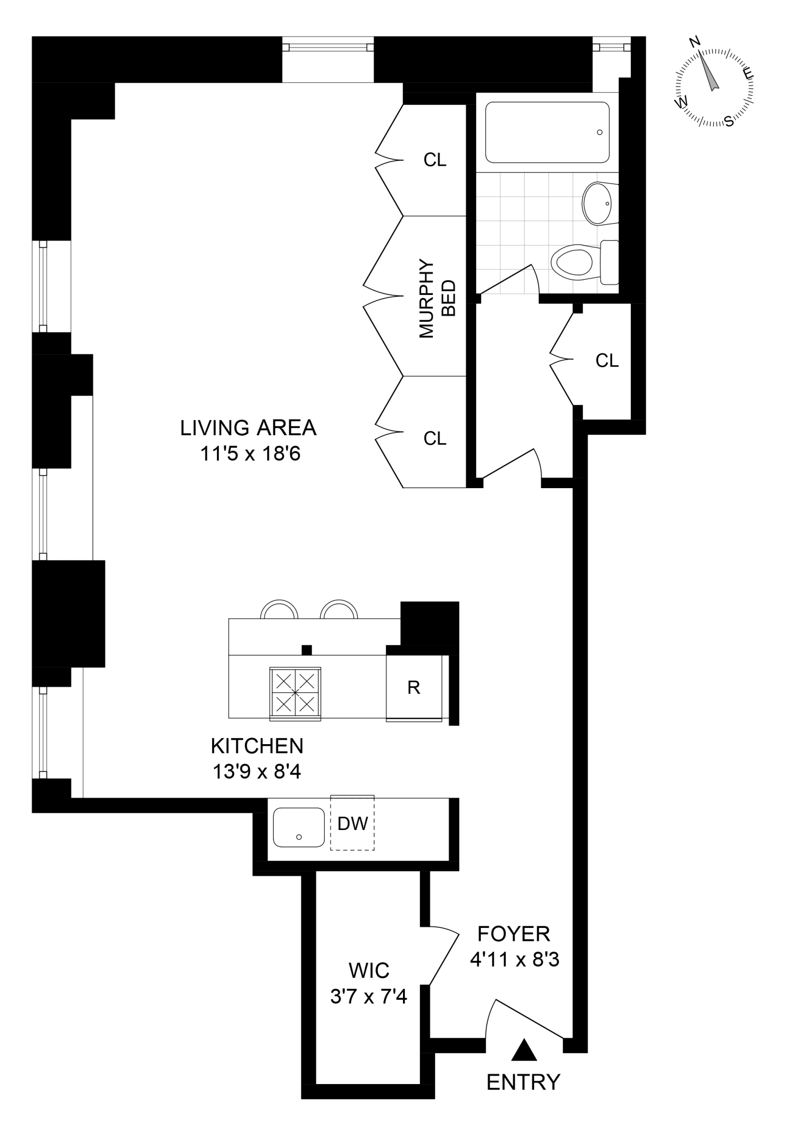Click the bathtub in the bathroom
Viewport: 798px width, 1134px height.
click(547, 132)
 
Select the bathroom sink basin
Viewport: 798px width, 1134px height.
click(597, 204)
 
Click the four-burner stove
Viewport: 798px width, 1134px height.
click(295, 693)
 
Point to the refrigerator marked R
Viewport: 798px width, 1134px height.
click(413, 688)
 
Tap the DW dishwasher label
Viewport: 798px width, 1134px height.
click(353, 824)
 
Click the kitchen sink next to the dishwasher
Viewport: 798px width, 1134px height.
click(299, 827)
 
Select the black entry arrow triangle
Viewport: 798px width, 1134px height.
click(524, 1050)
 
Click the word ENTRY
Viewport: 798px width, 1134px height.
click(523, 1082)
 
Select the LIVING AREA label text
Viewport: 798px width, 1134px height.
click(248, 428)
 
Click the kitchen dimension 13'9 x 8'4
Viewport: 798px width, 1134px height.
click(257, 772)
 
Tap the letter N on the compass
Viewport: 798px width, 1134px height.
click(694, 42)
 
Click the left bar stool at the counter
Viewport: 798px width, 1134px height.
click(280, 610)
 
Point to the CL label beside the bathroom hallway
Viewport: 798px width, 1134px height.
click(606, 360)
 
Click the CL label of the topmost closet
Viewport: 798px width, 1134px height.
click(434, 160)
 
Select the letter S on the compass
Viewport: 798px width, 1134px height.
click(729, 121)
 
